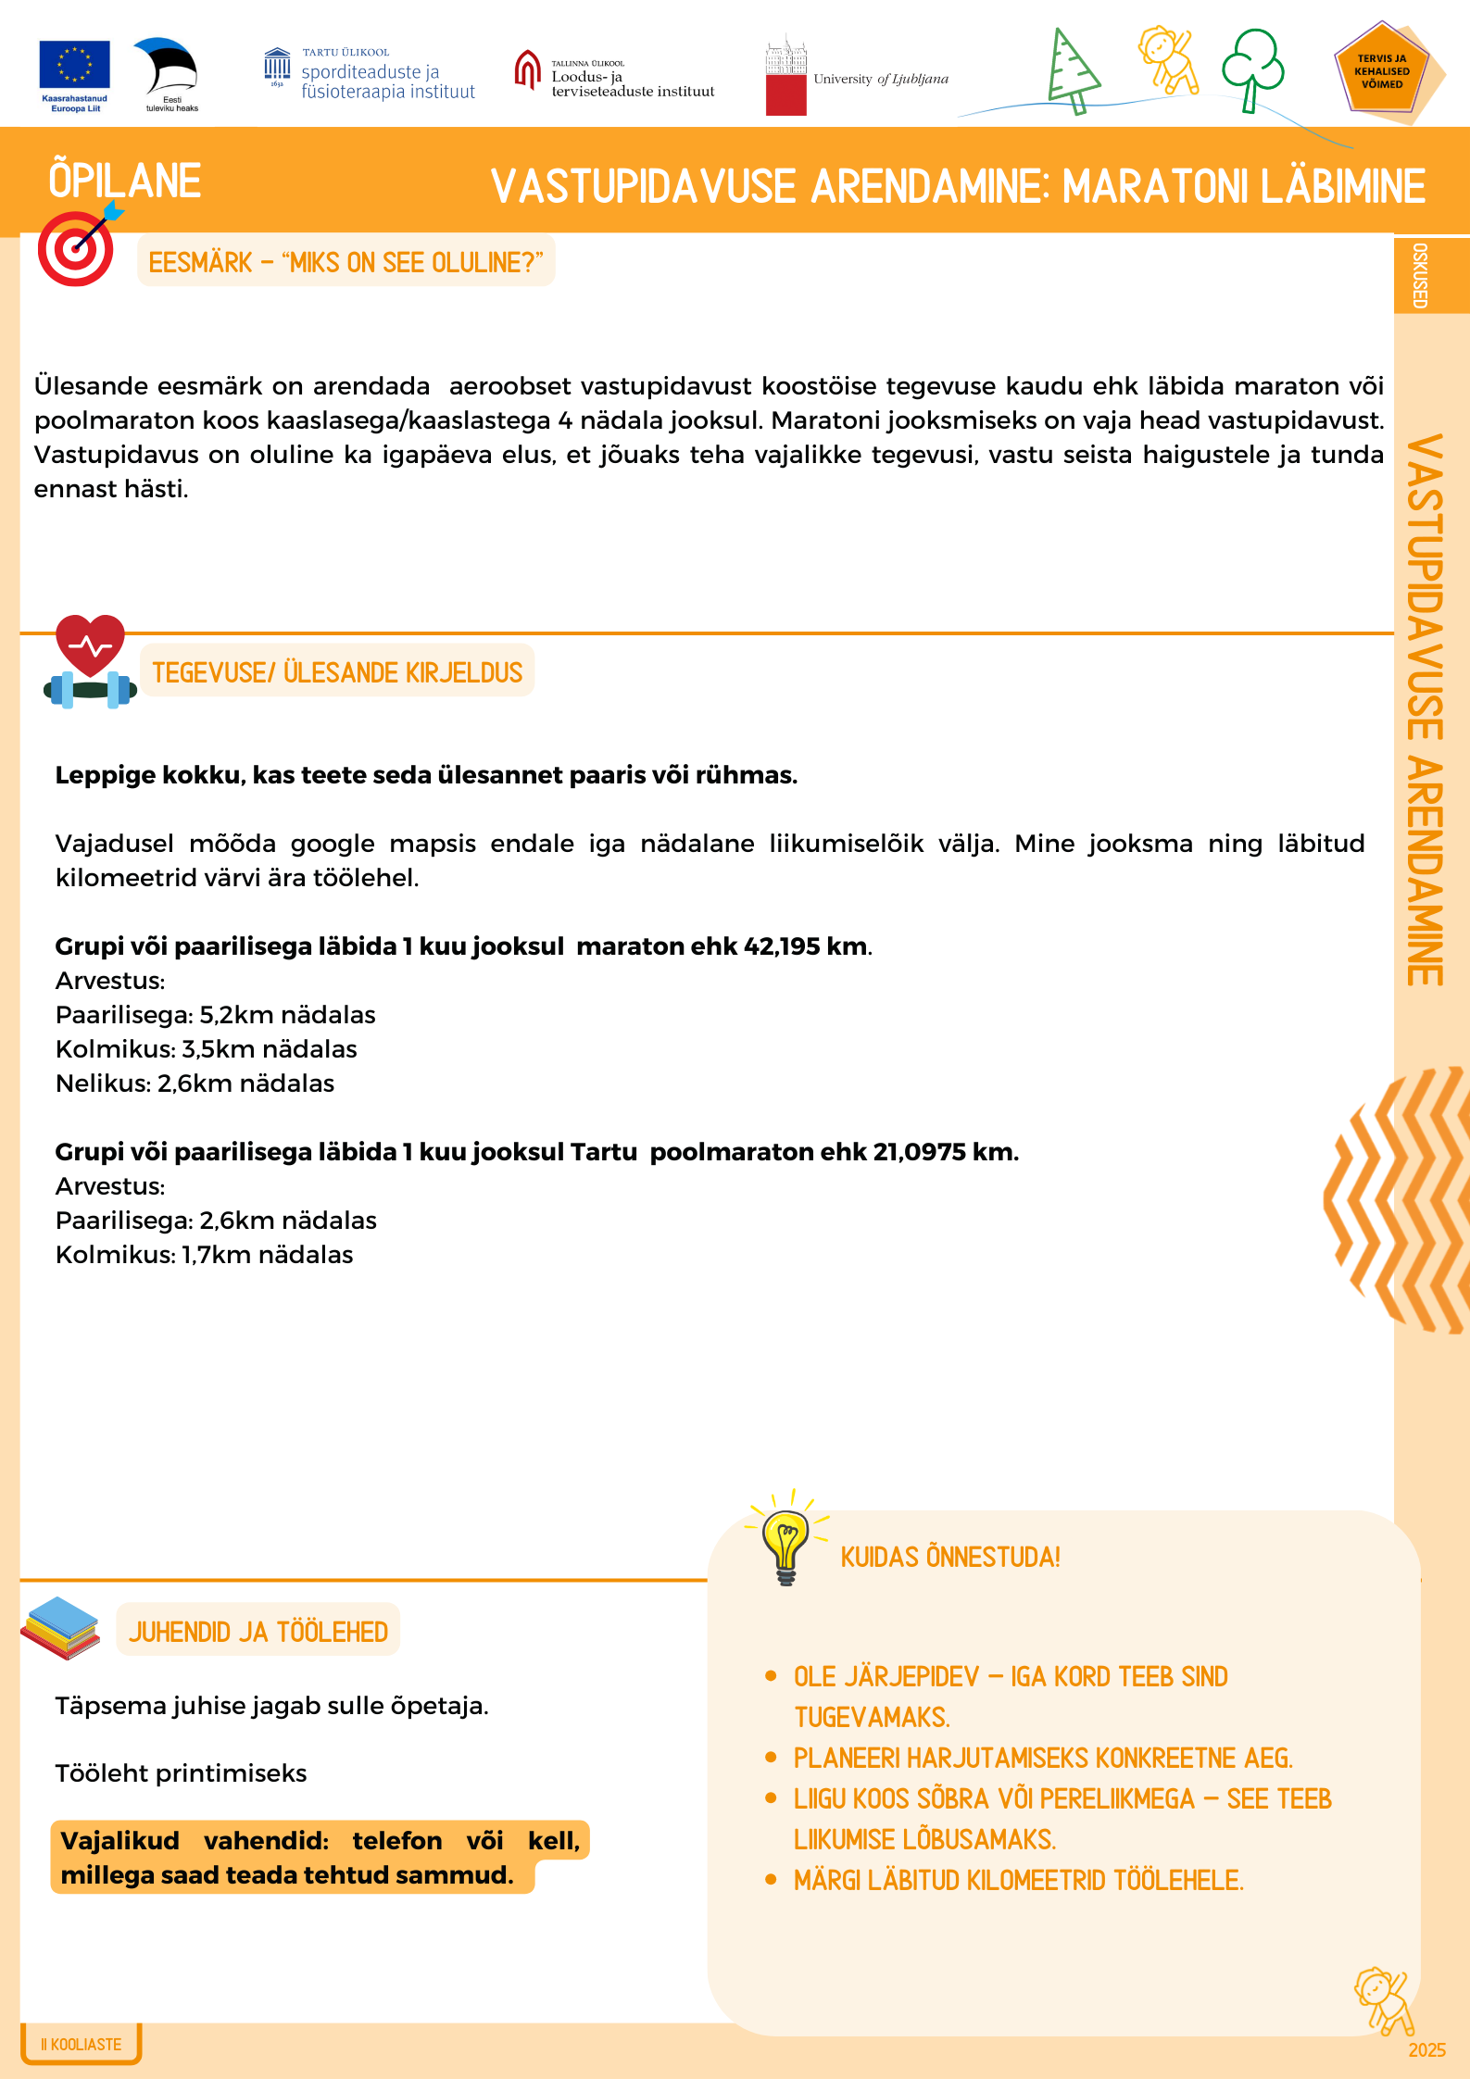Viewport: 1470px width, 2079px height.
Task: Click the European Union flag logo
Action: pos(74,65)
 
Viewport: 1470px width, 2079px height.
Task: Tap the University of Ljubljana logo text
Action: pos(880,80)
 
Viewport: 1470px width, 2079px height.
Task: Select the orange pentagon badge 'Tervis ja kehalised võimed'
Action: pos(1381,71)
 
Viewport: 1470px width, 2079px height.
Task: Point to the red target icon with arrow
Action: pos(76,248)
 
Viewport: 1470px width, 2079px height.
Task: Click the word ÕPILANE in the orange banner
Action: pos(125,181)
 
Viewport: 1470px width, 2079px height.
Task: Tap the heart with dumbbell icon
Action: pos(90,662)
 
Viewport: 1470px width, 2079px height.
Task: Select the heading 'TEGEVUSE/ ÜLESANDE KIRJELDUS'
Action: pos(337,672)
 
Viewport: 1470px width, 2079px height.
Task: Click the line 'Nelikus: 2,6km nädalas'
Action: pos(195,1083)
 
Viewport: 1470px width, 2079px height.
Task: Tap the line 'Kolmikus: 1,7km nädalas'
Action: pos(204,1255)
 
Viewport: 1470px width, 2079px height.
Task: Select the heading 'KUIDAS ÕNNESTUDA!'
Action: pos(949,1558)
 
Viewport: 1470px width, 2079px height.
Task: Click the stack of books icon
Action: pos(61,1629)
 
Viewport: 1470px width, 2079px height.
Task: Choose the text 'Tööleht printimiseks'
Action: pos(181,1773)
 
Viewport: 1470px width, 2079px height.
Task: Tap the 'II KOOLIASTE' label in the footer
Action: pos(82,2045)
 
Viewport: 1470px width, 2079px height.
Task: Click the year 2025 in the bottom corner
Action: pos(1426,2050)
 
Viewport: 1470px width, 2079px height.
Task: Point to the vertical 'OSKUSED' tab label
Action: pos(1420,275)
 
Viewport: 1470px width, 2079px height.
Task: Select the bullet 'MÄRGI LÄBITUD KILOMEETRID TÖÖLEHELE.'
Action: pos(1018,1881)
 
